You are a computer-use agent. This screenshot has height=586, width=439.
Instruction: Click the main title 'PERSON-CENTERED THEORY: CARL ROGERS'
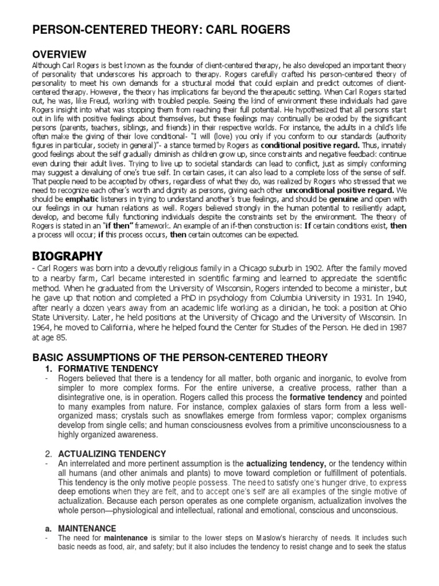161,30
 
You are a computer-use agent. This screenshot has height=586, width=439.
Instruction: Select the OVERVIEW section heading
59,54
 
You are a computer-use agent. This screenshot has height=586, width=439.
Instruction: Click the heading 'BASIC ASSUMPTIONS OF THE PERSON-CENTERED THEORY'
179,358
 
